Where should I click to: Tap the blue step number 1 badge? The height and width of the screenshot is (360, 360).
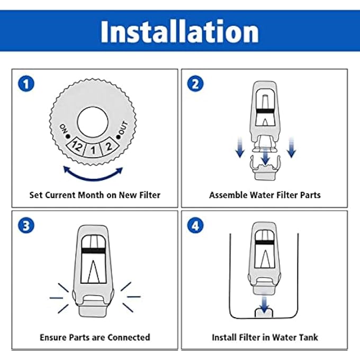coord(24,84)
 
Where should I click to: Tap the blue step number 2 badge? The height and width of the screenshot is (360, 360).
coord(196,84)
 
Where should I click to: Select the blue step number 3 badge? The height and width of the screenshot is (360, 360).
coord(24,226)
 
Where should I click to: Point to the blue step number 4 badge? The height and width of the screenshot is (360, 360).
coord(196,226)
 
